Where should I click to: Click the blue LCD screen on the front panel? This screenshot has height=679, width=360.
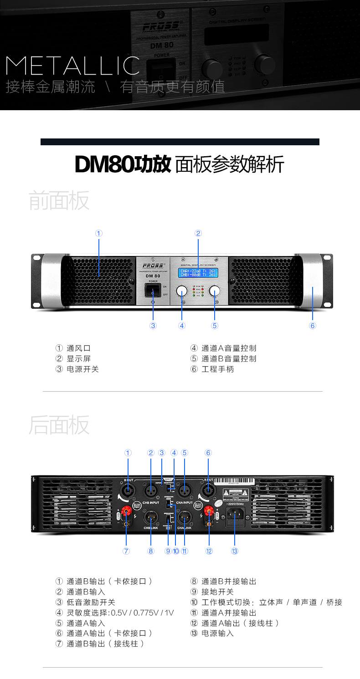pos(198,273)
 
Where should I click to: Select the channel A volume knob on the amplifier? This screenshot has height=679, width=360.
pos(182,291)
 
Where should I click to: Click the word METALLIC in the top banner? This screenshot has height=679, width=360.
pos(73,66)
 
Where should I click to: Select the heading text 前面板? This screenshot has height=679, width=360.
pos(59,200)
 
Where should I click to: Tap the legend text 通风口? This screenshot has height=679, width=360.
pos(78,348)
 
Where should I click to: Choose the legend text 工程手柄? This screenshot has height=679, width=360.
pos(217,369)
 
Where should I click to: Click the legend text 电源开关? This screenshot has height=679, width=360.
pos(82,369)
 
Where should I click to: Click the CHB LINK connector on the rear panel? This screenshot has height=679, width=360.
pos(151,517)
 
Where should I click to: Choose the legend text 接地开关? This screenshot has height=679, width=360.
pos(217,592)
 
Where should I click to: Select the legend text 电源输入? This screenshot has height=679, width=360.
pos(217,633)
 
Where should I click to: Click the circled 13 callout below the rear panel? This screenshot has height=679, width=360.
pos(235,551)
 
